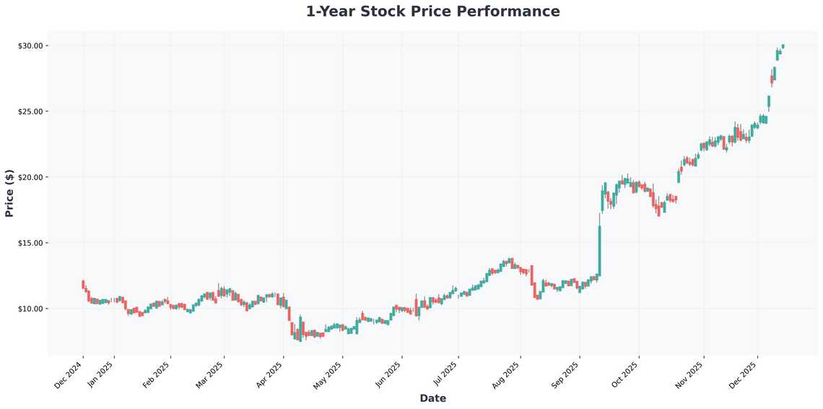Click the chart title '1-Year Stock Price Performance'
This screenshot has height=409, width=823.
(432, 12)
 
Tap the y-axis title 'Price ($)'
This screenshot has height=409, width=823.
(9, 193)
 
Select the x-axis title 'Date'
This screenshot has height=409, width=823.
(432, 398)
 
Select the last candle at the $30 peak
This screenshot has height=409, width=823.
(783, 46)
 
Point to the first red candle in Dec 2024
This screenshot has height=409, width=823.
(83, 284)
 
